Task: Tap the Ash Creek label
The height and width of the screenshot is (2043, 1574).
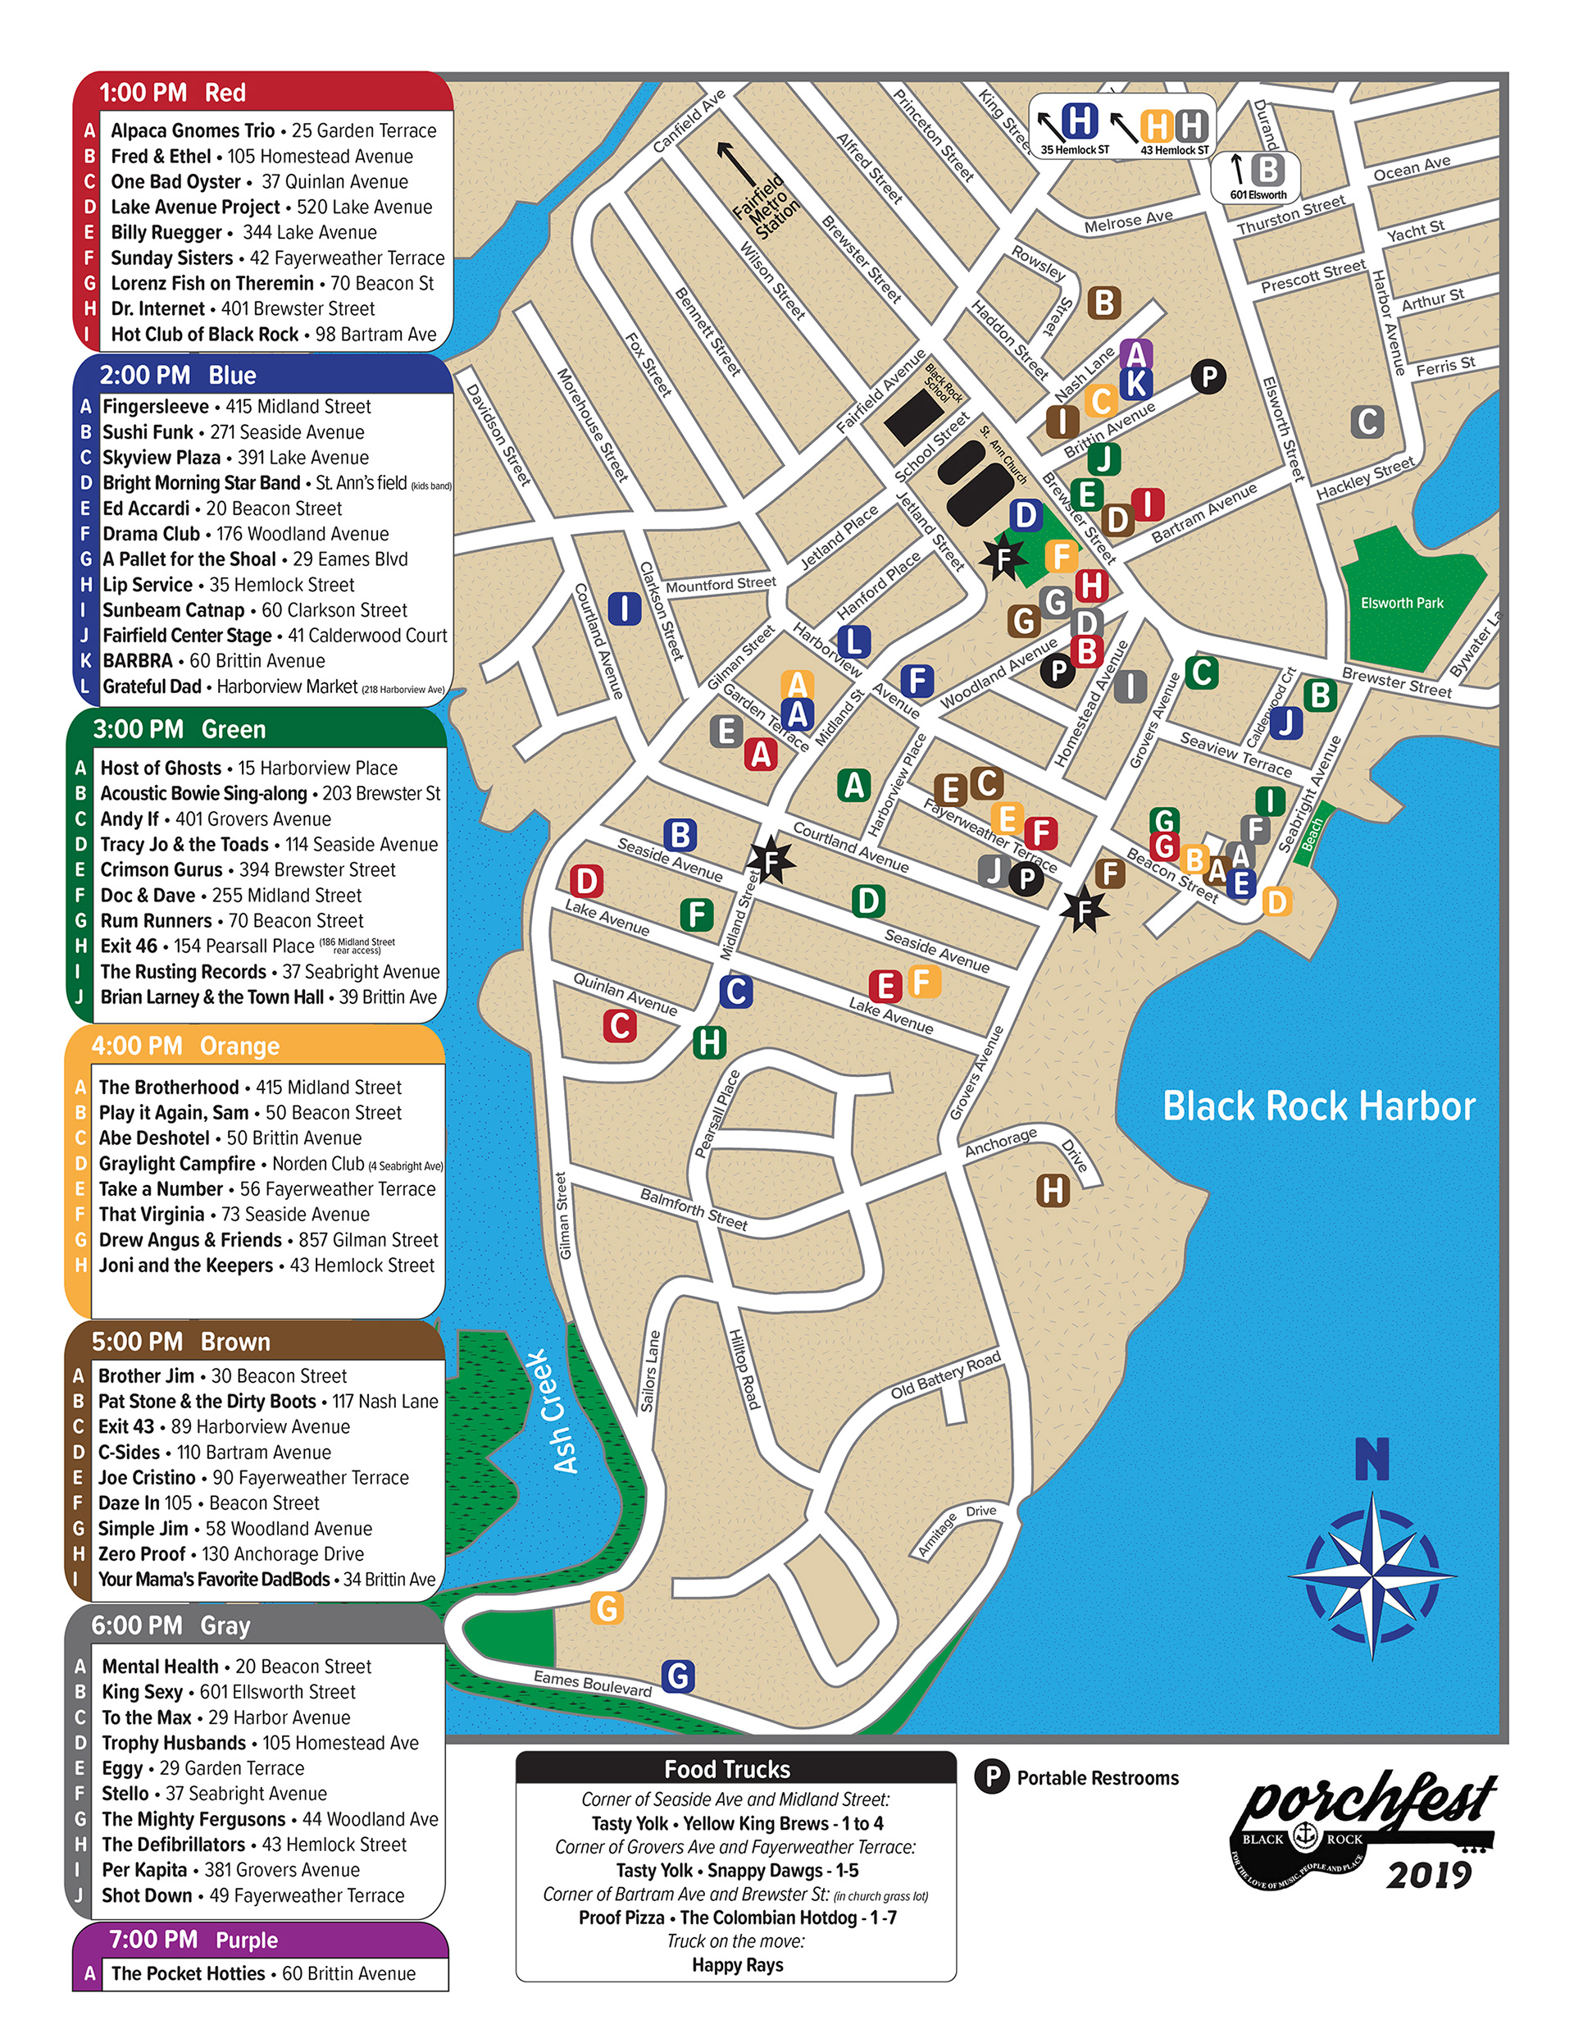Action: pos(552,1411)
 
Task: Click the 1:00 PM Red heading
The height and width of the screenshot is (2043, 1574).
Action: pos(172,93)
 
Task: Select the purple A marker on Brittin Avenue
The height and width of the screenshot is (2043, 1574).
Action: pos(1135,354)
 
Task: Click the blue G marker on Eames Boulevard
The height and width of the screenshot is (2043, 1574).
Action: pos(678,1676)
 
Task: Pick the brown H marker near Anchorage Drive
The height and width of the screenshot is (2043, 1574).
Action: pos(1053,1191)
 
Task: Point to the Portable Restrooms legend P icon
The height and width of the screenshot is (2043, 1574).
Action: pos(991,1776)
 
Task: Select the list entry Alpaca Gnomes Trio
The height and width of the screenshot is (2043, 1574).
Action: pos(193,131)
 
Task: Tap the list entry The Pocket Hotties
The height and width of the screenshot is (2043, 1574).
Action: pos(188,1972)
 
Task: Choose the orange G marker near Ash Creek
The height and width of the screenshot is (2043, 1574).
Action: pos(607,1609)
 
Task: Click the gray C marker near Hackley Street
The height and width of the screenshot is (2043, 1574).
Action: pos(1367,422)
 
